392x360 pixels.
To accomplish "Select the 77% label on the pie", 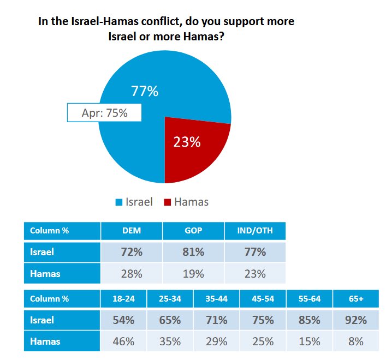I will click(x=145, y=91).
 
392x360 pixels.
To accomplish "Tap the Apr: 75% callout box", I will click(x=104, y=113).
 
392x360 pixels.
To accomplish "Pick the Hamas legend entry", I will click(x=186, y=202).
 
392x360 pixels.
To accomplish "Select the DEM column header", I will click(x=132, y=230).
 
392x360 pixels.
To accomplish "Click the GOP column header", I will click(x=193, y=230).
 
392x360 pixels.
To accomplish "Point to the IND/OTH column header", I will click(x=255, y=230).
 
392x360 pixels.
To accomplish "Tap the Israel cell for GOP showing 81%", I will click(x=193, y=252).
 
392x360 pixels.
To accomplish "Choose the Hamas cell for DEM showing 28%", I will click(x=132, y=274).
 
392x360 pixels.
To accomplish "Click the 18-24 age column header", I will click(x=123, y=299).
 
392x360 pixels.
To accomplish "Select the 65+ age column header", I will click(x=355, y=299).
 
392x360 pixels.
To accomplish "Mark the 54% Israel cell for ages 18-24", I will click(x=123, y=321).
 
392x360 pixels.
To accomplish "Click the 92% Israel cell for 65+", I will click(x=355, y=321).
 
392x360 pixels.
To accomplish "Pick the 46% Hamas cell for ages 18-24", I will click(x=123, y=342).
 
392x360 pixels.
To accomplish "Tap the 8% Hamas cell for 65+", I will click(x=355, y=342).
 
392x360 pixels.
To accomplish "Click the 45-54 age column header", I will click(x=263, y=299).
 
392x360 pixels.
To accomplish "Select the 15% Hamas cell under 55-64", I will click(x=309, y=342).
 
